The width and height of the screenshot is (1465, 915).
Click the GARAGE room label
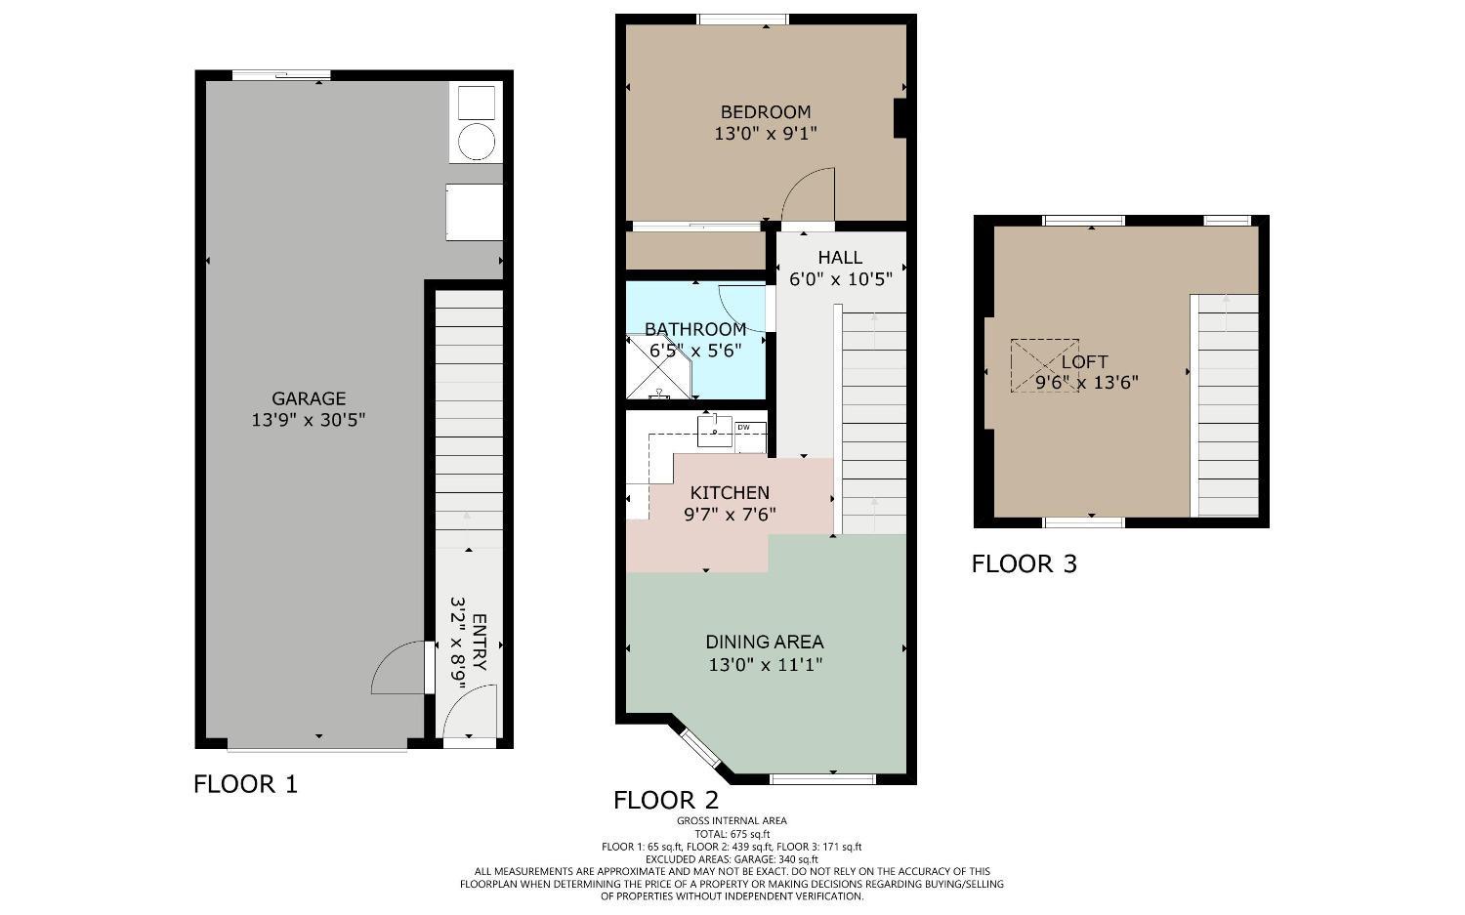[309, 398]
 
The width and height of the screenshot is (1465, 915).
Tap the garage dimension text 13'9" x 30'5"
[309, 421]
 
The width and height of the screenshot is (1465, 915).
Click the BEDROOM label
[766, 112]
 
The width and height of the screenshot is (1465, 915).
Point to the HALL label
[840, 258]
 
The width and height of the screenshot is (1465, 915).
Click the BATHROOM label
[695, 330]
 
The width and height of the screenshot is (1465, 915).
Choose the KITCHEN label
[730, 493]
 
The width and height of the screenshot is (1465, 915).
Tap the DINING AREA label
[765, 643]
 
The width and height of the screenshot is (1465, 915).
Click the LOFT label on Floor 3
[1085, 362]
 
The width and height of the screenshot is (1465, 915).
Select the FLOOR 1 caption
[245, 784]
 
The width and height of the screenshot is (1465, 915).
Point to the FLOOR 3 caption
[1024, 564]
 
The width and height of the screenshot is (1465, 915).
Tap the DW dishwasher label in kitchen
[743, 428]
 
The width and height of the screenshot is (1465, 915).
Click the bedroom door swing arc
[807, 193]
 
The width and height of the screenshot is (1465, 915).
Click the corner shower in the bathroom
[656, 368]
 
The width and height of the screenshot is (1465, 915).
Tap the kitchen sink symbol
[714, 429]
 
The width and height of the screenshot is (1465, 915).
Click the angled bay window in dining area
[700, 749]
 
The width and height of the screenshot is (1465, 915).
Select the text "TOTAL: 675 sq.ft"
[732, 834]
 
